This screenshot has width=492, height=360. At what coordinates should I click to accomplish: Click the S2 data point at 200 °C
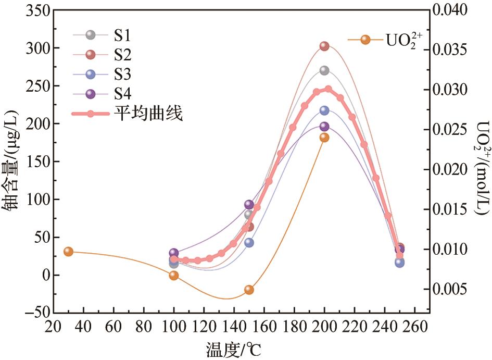pos(324,46)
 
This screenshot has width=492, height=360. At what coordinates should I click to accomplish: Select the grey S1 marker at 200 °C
pos(324,70)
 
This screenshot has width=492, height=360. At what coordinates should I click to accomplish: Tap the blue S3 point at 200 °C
pos(324,110)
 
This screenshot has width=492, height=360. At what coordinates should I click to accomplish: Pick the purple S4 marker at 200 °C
pos(324,127)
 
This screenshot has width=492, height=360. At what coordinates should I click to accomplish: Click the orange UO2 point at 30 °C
pos(68,252)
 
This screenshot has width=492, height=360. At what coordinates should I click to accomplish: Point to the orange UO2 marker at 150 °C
pos(249,290)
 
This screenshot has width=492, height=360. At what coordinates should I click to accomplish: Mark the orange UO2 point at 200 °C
pos(324,138)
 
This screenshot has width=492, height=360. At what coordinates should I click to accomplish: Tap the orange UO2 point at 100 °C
pos(174,275)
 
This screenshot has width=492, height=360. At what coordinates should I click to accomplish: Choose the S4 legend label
pos(123,94)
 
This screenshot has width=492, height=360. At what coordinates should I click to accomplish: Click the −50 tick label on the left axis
pos(34,313)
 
